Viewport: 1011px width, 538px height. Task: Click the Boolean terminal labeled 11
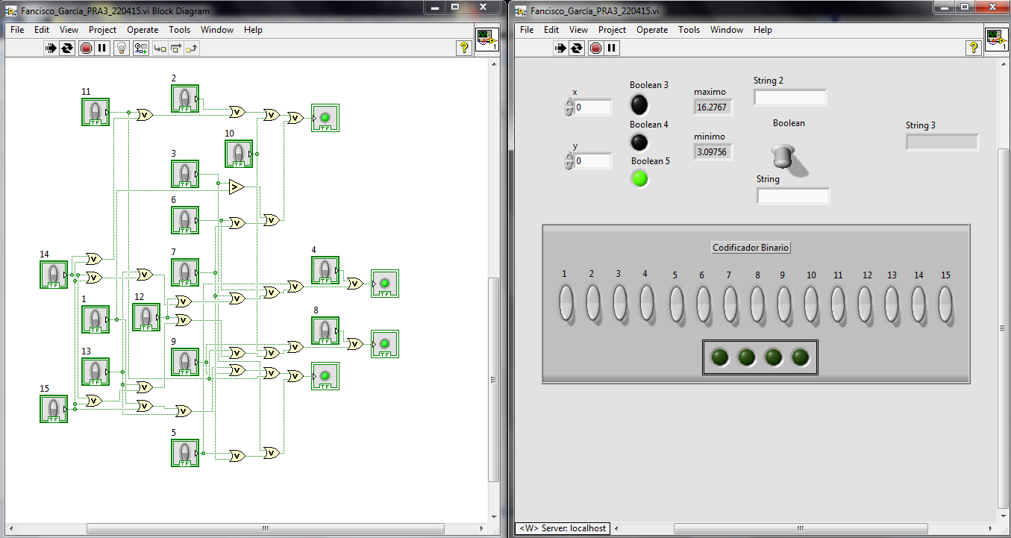point(96,112)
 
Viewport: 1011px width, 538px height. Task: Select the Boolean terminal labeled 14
point(53,275)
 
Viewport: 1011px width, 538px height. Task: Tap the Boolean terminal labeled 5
point(185,452)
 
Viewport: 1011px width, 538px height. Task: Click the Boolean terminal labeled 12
point(146,317)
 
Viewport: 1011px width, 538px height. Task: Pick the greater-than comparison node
point(236,187)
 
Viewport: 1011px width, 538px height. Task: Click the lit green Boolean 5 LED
point(639,178)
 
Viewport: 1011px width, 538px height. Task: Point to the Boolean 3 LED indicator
point(639,104)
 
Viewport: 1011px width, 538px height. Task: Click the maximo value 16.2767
point(713,107)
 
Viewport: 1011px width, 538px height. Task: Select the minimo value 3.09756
point(713,152)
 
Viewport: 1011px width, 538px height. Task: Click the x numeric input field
point(592,107)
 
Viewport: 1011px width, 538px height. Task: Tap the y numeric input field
point(592,161)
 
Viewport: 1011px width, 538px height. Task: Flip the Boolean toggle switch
point(784,156)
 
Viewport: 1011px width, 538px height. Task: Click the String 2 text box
point(789,98)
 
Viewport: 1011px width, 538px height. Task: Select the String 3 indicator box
point(942,142)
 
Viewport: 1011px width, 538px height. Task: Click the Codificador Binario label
point(751,248)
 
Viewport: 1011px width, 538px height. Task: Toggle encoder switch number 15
point(945,304)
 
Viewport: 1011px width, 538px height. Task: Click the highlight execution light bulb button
point(121,49)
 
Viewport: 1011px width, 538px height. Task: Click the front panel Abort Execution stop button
point(595,49)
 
